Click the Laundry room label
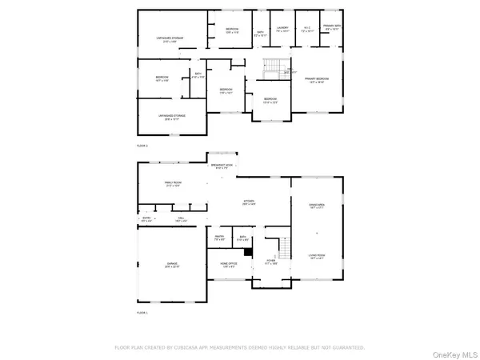pos(282,30)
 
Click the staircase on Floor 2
pos(273,65)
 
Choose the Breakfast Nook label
pos(222,166)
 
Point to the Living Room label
pos(317,258)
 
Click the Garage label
pos(172,265)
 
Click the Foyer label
pos(271,262)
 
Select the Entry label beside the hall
pos(146,218)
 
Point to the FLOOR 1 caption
pos(142,312)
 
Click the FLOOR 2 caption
pos(142,146)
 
